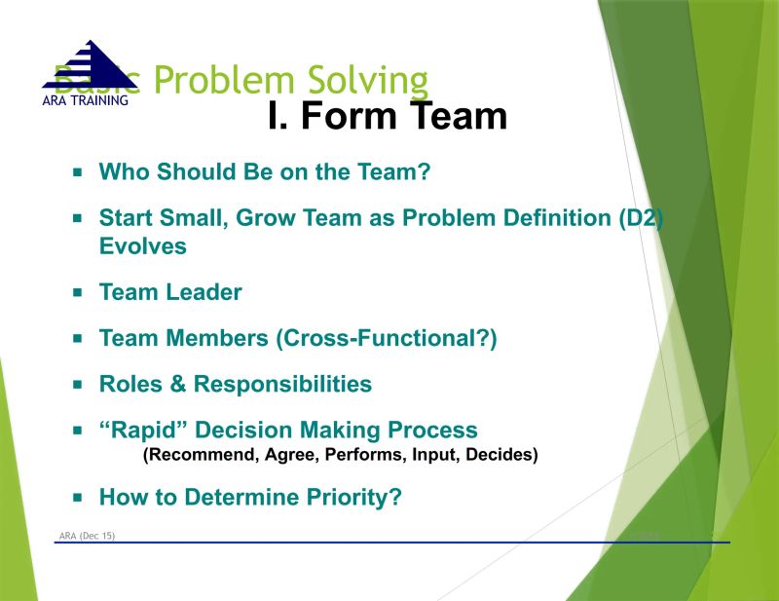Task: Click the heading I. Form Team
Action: tap(388, 117)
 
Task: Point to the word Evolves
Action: tap(142, 245)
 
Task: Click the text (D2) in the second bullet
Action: tap(641, 218)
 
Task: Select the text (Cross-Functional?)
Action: tap(387, 338)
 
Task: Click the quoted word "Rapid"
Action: tap(136, 430)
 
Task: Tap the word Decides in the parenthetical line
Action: tap(502, 455)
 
